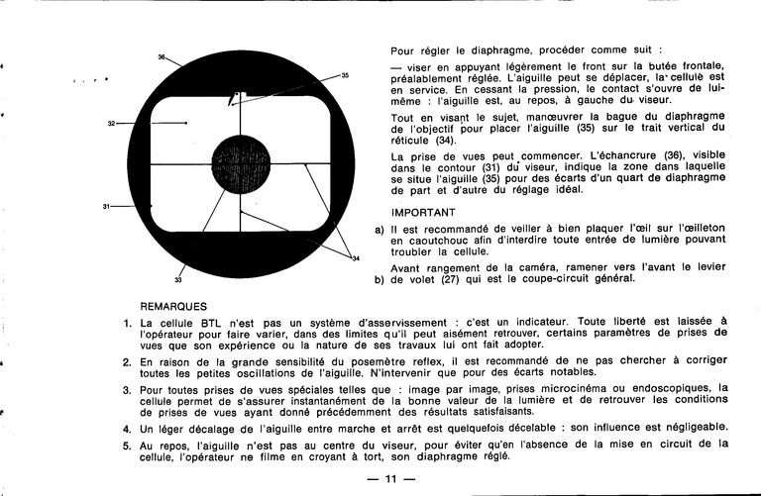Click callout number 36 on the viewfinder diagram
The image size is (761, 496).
162,57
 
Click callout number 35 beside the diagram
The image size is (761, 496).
345,75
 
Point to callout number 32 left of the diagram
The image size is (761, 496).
112,123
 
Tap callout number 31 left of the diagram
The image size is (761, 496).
105,206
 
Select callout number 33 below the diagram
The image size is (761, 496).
177,278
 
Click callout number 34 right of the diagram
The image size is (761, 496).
355,258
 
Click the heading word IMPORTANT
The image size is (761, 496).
423,212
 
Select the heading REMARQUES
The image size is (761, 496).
173,307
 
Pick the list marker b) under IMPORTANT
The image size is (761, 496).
379,278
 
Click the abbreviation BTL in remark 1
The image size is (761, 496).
209,323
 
